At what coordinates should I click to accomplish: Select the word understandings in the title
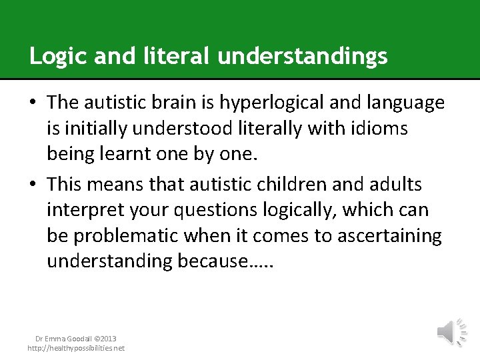pyautogui.click(x=303, y=57)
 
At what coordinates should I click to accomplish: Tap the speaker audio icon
pyautogui.click(x=451, y=331)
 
